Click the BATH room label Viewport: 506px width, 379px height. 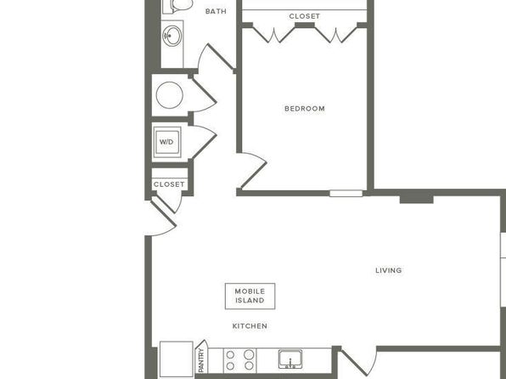click(x=216, y=11)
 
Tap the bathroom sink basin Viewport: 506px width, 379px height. click(x=172, y=36)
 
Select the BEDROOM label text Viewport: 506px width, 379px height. click(x=305, y=109)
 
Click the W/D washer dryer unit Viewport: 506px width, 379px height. click(x=167, y=142)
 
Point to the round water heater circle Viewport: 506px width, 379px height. click(x=170, y=95)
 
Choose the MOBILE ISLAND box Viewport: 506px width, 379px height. click(x=250, y=296)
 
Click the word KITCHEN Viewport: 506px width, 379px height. click(x=250, y=326)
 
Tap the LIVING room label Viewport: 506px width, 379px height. click(x=389, y=270)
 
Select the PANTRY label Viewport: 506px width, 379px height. click(x=201, y=360)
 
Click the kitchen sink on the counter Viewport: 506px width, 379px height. click(x=290, y=359)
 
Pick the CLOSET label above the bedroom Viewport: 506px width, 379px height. click(x=305, y=16)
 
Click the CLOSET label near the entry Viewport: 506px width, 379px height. click(x=169, y=184)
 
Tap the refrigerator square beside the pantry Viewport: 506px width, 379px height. click(x=177, y=359)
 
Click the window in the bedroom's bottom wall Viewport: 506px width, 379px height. click(x=346, y=193)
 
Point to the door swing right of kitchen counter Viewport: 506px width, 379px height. click(x=358, y=363)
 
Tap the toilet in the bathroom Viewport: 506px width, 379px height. click(x=178, y=5)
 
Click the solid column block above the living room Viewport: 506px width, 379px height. click(x=416, y=197)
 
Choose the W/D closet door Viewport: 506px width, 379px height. click(x=203, y=142)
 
